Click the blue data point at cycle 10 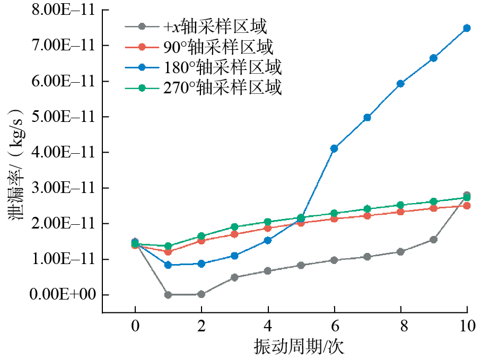467,28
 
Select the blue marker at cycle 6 334,148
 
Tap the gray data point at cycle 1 168,295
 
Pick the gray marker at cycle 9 433,240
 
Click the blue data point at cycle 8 400,83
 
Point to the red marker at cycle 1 168,252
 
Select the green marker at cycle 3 234,227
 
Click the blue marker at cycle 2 202,264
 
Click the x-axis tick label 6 334,326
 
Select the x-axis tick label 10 467,326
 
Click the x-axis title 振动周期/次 299,347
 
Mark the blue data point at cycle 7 367,118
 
